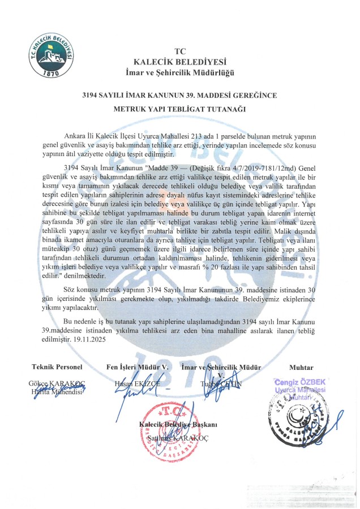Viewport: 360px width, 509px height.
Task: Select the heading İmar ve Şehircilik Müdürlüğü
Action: pos(180,72)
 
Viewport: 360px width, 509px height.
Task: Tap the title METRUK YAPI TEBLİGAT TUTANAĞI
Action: pos(180,109)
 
